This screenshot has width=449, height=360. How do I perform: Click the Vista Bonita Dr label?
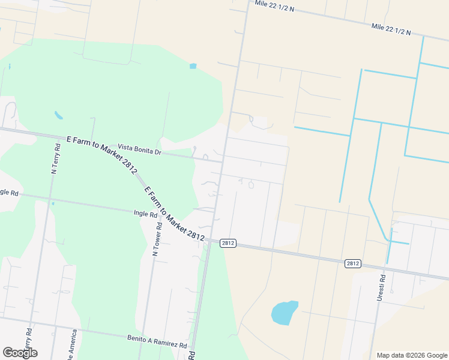point(140,149)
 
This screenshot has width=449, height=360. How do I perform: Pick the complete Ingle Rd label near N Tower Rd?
point(145,213)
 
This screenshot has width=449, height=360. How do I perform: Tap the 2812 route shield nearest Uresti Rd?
point(353,263)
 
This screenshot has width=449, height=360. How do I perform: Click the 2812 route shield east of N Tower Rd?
point(228,243)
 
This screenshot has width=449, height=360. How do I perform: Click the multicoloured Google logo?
point(20,353)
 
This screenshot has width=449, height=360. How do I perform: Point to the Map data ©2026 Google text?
point(411,355)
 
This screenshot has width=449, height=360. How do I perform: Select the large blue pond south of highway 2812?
point(284,313)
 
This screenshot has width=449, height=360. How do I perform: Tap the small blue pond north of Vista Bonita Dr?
point(193,66)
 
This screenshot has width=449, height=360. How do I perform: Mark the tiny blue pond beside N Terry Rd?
point(58,115)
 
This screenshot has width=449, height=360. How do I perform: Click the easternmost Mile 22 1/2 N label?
point(391,29)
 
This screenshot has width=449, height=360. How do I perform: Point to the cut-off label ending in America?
point(73,346)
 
